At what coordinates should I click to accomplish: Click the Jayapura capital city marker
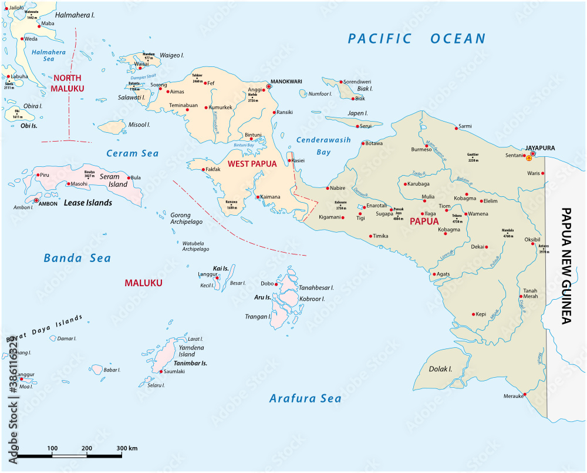[x=533, y=155]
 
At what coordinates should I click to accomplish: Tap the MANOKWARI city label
[x=285, y=82]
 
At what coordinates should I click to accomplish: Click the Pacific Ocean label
[x=417, y=39]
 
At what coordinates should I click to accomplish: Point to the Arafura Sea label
[x=305, y=398]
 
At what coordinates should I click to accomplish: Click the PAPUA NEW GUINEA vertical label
[x=566, y=266]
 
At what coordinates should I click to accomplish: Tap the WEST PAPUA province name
[x=252, y=163]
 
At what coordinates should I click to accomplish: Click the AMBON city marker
[x=37, y=200]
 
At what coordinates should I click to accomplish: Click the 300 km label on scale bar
[x=126, y=448]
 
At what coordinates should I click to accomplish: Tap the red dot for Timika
[x=370, y=236]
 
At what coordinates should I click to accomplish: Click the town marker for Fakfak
[x=203, y=170]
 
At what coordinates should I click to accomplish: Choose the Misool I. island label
[x=140, y=125]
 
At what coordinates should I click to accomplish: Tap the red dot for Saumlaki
[x=161, y=371]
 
